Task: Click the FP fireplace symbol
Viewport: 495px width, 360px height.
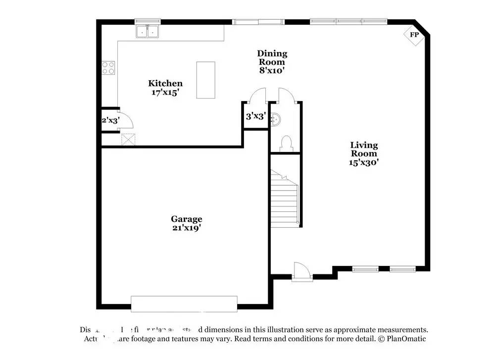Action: pos(414,35)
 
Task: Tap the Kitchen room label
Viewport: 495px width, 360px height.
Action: pos(165,84)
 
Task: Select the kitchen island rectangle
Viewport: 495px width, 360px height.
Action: pos(205,80)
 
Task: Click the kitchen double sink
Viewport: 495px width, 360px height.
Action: pos(148,32)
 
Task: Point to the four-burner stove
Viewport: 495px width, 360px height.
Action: pos(108,68)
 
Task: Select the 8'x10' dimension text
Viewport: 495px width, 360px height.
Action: pos(272,70)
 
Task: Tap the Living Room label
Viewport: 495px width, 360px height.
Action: pos(364,149)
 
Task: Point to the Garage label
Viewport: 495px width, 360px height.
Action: pos(187,219)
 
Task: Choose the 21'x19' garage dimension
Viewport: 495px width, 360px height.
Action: pos(187,228)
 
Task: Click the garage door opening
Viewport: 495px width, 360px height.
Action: pos(184,304)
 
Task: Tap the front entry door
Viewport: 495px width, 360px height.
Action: pos(301,272)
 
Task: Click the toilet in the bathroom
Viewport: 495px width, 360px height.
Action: pos(286,143)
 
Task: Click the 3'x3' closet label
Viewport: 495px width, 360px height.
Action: pos(256,117)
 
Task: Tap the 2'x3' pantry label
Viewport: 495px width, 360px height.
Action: pos(110,120)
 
